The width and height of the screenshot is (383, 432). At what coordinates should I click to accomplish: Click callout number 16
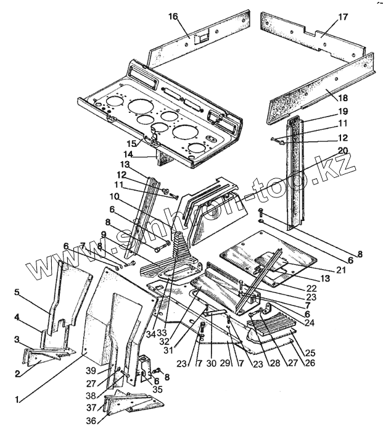tap(173, 17)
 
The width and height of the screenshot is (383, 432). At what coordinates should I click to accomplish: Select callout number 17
tap(343, 17)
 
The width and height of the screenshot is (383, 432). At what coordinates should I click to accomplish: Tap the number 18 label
tap(342, 98)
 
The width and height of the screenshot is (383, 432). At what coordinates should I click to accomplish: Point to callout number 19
tap(343, 111)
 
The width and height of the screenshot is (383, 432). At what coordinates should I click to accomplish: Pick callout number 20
tap(343, 151)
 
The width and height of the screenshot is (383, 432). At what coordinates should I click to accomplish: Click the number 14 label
tap(136, 154)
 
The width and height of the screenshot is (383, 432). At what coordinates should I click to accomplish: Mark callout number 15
tap(131, 143)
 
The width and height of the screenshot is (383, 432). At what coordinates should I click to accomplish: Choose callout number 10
tap(114, 197)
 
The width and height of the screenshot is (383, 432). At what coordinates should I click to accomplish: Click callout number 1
tap(17, 399)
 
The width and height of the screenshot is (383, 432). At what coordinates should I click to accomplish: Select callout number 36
tap(91, 421)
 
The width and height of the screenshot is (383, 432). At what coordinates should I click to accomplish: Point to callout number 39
tap(91, 370)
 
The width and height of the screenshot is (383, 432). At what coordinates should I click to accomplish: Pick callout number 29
tap(225, 363)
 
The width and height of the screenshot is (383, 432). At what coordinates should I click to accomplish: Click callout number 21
tap(341, 270)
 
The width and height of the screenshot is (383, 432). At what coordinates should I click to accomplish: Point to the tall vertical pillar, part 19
tap(295, 173)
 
